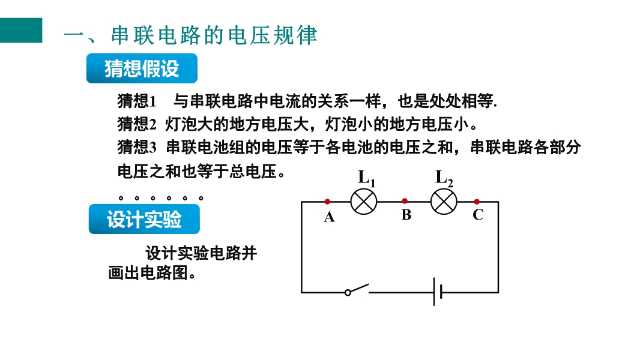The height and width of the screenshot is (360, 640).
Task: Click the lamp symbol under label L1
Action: [364, 202]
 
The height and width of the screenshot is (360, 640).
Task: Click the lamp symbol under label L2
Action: [444, 202]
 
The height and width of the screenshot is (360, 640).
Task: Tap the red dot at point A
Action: [327, 202]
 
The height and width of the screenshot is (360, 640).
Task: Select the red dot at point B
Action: [405, 201]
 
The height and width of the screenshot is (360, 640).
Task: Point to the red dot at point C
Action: [477, 202]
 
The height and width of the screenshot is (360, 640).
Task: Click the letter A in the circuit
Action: [330, 217]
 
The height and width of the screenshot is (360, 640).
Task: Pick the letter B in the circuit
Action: [406, 214]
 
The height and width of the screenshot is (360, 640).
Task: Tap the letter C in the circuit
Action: [478, 214]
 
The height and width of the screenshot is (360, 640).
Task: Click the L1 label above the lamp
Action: [366, 178]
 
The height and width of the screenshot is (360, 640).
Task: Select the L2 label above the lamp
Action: [444, 178]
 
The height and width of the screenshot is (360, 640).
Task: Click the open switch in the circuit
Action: [357, 289]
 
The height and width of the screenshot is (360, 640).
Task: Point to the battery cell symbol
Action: [438, 292]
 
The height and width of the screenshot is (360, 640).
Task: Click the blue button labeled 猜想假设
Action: [142, 68]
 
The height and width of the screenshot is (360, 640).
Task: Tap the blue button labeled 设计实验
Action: [144, 219]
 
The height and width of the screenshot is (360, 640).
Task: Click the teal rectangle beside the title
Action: [21, 30]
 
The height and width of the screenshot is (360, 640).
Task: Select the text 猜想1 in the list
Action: [137, 101]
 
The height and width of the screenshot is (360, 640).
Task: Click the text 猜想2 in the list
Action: [137, 124]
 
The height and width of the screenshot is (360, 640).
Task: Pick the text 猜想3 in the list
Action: [137, 147]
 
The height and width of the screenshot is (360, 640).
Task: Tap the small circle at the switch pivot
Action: [348, 292]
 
